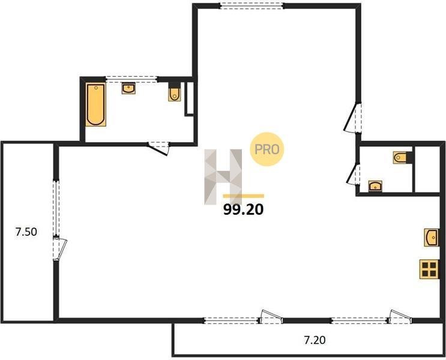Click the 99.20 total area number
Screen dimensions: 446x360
(243, 209)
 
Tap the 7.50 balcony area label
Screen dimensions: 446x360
(26, 232)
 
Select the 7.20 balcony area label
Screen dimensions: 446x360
(315, 340)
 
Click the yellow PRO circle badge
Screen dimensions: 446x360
(267, 149)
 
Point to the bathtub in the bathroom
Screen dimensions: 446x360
(96, 104)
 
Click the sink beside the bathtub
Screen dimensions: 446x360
(128, 88)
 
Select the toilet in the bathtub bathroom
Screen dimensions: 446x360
(174, 92)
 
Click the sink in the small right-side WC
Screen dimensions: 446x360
(375, 186)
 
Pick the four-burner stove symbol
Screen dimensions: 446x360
(429, 269)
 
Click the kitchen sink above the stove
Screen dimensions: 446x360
(432, 237)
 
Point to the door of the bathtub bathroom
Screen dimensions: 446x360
(158, 148)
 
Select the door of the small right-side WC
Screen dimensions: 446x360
(354, 174)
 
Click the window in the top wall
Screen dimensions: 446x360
(252, 5)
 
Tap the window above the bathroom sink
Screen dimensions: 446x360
(131, 79)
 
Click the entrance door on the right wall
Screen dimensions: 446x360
(353, 118)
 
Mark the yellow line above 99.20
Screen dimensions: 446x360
(244, 196)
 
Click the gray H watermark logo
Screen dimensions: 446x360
(223, 177)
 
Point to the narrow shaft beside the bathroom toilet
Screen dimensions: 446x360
(189, 99)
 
